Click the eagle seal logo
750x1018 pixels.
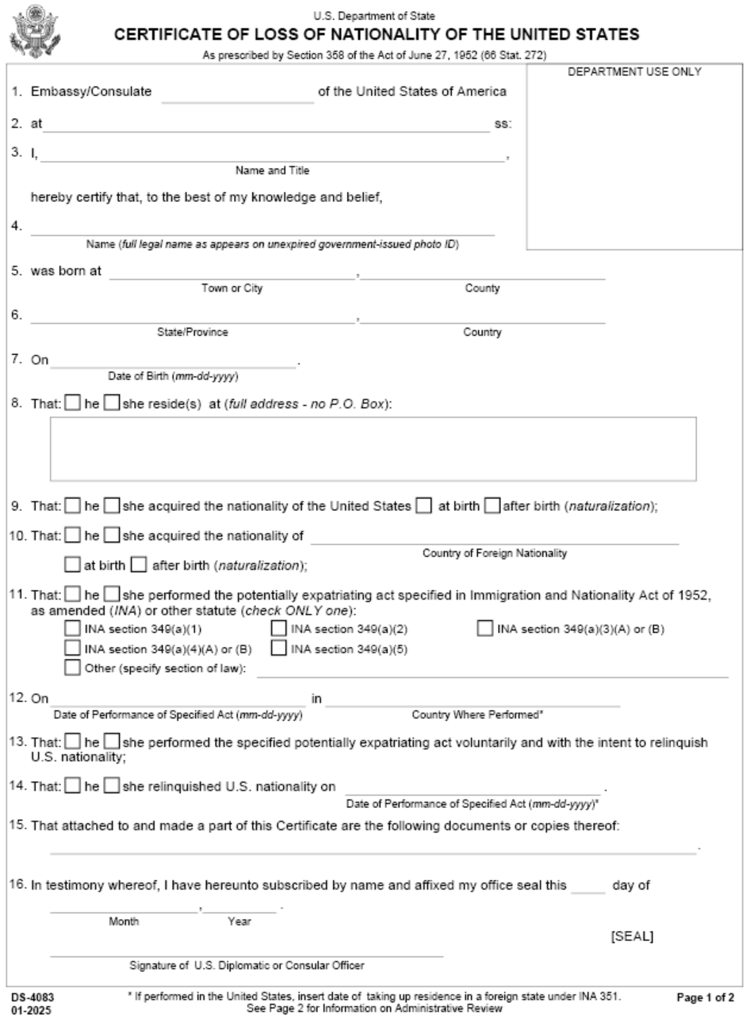tap(31, 29)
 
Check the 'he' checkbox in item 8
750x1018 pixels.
tap(72, 404)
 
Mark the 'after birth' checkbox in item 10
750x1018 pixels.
tap(138, 566)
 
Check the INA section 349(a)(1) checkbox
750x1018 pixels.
tap(73, 630)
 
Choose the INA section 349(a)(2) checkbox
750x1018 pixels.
tap(279, 630)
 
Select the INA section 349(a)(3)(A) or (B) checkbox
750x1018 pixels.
tap(485, 630)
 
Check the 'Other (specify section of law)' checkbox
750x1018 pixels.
tap(73, 669)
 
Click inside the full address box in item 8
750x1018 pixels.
tap(373, 449)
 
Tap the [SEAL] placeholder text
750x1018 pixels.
tap(632, 936)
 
